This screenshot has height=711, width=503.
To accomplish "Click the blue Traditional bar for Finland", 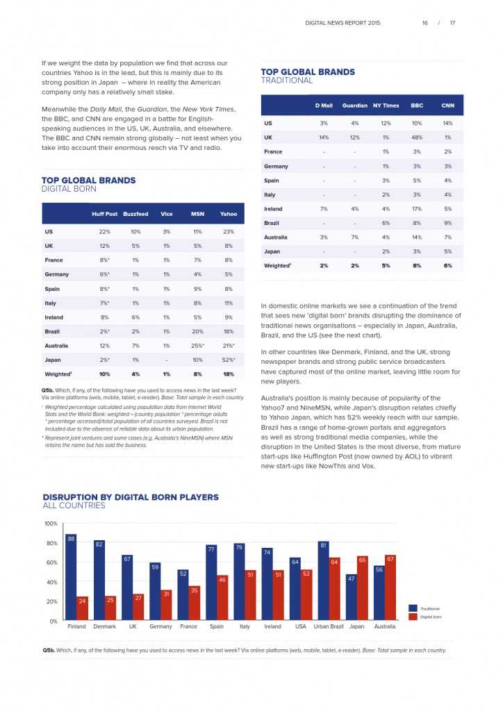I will click(71, 577).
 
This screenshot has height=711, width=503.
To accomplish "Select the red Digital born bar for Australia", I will click(390, 588).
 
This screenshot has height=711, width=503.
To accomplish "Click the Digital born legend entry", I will click(430, 617).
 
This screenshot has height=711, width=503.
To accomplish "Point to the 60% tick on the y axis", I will click(51, 562).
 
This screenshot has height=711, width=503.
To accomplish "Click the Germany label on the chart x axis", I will click(160, 626).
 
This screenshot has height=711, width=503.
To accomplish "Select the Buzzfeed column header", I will click(136, 214).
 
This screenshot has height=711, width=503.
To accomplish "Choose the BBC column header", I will click(417, 106).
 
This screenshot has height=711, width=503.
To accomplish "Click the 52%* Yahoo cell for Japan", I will click(229, 360).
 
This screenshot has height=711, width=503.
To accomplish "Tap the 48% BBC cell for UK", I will click(417, 137).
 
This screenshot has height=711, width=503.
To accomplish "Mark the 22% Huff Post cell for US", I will click(105, 231).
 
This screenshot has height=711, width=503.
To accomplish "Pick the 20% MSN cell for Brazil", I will click(197, 331).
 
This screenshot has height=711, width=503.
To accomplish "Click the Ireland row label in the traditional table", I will click(273, 209).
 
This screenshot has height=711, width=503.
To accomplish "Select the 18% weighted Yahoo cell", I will click(229, 374).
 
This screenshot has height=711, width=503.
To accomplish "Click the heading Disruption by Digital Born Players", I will click(131, 497).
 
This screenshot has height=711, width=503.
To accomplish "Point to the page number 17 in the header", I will click(452, 23).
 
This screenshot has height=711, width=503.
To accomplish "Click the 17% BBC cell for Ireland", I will click(417, 209).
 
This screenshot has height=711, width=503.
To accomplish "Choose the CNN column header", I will click(447, 106).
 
